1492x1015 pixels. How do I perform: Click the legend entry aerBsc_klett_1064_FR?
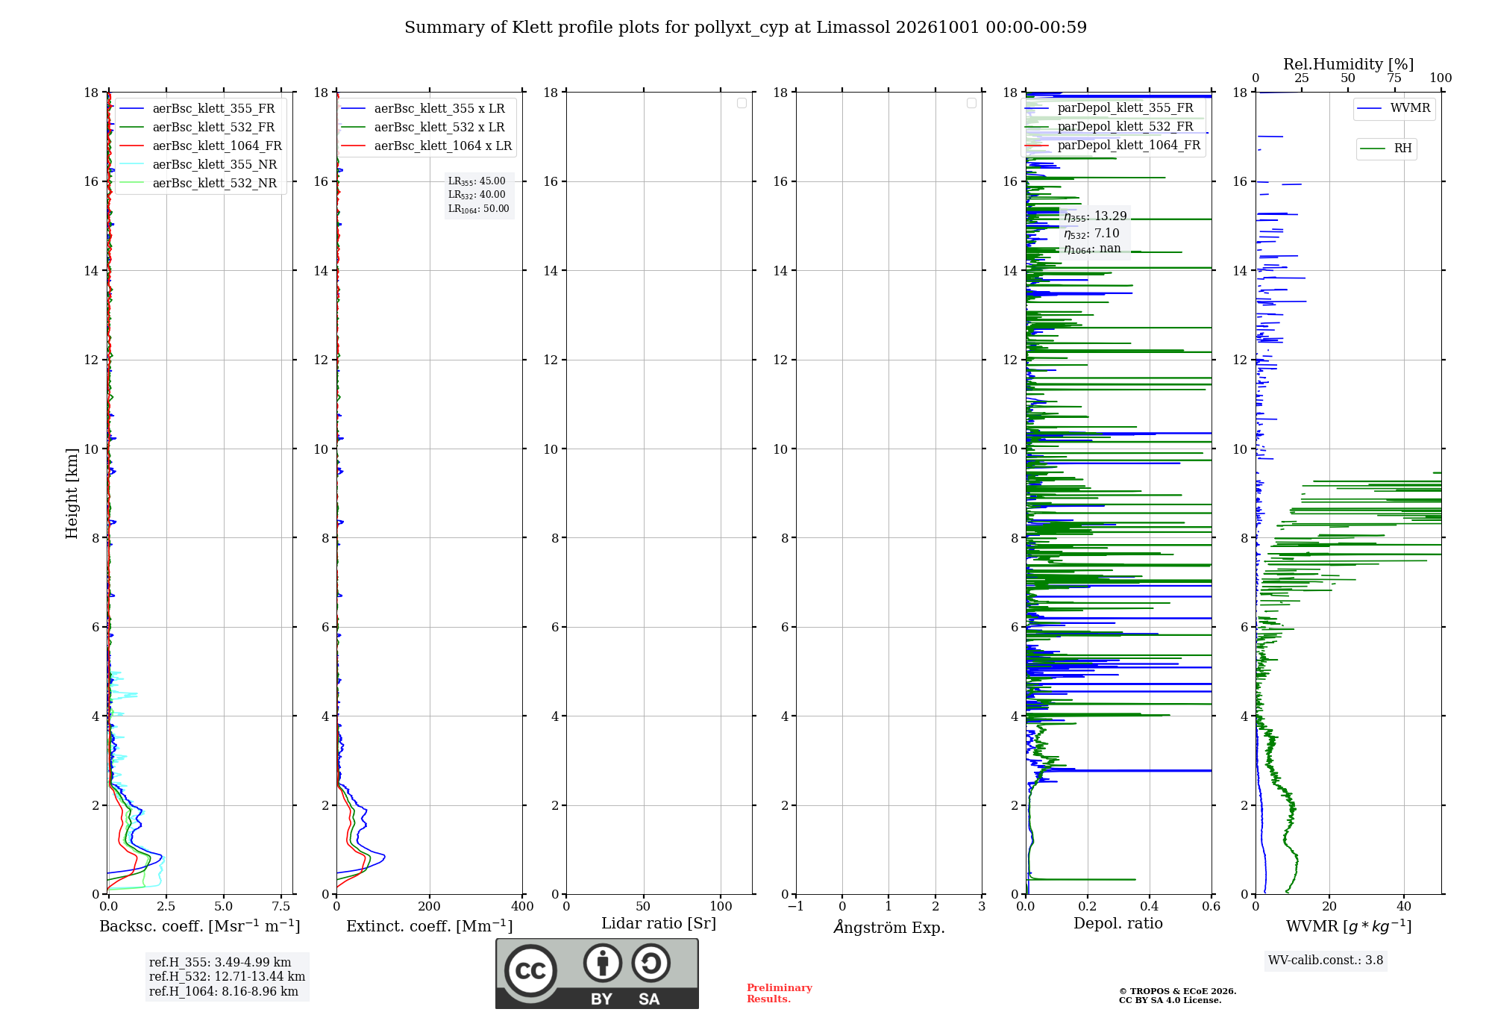(201, 146)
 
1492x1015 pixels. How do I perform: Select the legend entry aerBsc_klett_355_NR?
(198, 165)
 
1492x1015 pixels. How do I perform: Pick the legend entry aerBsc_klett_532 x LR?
(423, 128)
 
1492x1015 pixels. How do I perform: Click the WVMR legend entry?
(1394, 108)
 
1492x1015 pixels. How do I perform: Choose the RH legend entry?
(1387, 149)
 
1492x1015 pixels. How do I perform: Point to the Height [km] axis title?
(72, 493)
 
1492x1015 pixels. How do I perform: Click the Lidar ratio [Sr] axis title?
(659, 924)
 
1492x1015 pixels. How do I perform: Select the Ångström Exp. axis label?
(889, 927)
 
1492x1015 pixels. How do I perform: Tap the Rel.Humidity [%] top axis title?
(1349, 64)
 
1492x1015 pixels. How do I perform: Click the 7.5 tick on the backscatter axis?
(281, 906)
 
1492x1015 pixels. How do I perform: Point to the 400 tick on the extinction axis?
(522, 906)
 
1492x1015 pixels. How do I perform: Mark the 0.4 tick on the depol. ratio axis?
(1150, 906)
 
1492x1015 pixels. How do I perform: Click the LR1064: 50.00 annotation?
(478, 209)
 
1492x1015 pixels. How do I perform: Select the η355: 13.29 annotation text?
(1095, 216)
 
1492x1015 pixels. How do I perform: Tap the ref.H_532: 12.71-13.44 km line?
(227, 976)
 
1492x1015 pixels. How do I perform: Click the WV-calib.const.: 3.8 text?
(1326, 961)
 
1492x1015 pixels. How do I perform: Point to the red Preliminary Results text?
(780, 993)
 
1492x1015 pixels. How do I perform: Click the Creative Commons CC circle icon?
(530, 971)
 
